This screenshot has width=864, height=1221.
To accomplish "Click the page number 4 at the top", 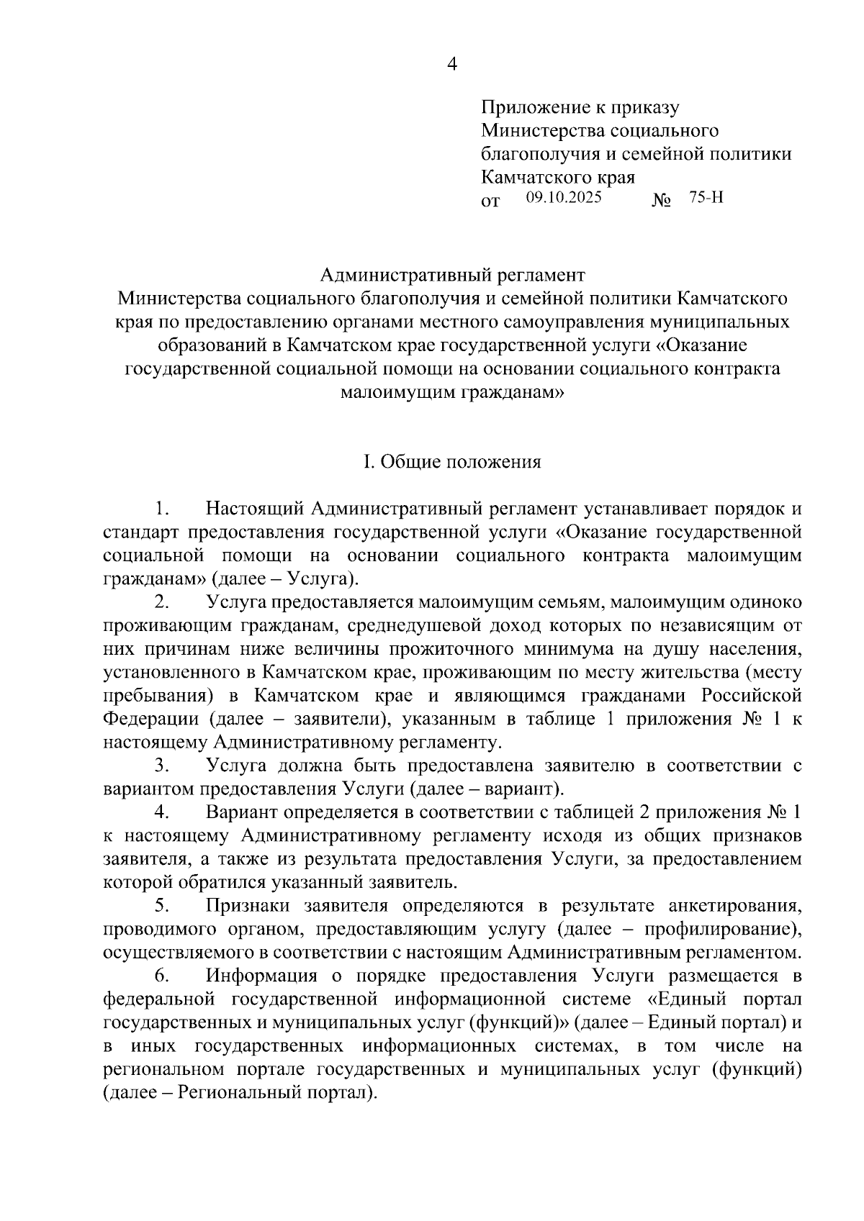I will click(x=452, y=65).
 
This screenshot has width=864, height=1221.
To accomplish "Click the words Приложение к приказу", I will click(x=580, y=108).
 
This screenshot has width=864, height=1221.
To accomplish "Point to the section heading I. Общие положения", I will click(x=452, y=462).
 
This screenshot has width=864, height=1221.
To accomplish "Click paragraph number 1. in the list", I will click(x=161, y=509).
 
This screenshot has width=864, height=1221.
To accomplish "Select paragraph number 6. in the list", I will click(x=161, y=976).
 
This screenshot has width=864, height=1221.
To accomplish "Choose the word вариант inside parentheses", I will click(x=521, y=789).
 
